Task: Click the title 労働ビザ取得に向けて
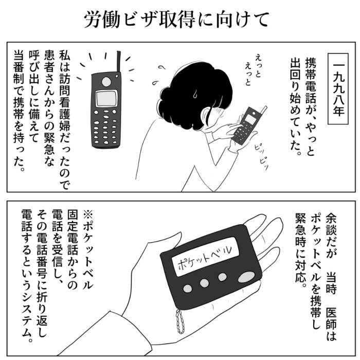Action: pyautogui.click(x=176, y=20)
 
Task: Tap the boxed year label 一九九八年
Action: pyautogui.click(x=338, y=89)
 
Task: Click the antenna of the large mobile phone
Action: pyautogui.click(x=119, y=62)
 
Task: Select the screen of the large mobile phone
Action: pyautogui.click(x=106, y=98)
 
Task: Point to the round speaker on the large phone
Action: pyautogui.click(x=106, y=82)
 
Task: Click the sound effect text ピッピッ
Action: pyautogui.click(x=261, y=156)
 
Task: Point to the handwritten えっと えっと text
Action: pyautogui.click(x=253, y=69)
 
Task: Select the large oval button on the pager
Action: pyautogui.click(x=246, y=277)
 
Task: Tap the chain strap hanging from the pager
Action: pyautogui.click(x=181, y=321)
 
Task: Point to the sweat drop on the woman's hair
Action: pyautogui.click(x=195, y=94)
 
